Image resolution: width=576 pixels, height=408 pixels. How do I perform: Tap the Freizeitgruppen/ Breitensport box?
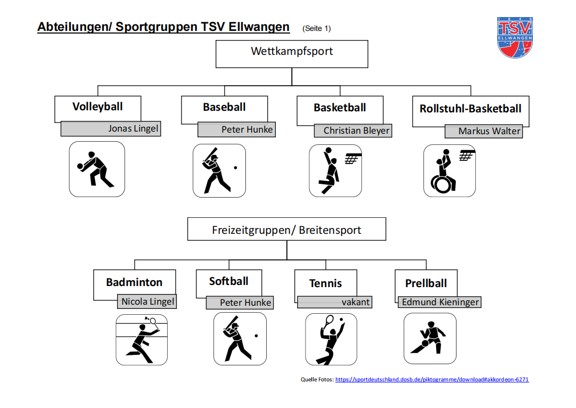pyautogui.click(x=286, y=230)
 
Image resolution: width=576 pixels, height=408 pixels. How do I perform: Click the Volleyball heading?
pyautogui.click(x=97, y=107)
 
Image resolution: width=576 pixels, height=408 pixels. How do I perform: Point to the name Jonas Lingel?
pyautogui.click(x=133, y=128)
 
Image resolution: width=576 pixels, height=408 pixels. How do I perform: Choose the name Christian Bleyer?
pyautogui.click(x=356, y=130)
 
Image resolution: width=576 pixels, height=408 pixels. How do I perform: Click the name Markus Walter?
pyautogui.click(x=489, y=131)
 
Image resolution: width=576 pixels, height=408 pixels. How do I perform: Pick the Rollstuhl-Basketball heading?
pyautogui.click(x=471, y=109)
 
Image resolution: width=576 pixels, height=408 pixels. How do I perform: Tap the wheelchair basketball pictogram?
pyautogui.click(x=449, y=170)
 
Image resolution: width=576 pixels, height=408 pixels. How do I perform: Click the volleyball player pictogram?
pyautogui.click(x=97, y=169)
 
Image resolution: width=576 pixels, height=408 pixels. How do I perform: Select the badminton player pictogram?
pyautogui.click(x=142, y=339)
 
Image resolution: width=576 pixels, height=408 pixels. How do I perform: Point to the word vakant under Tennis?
pyautogui.click(x=355, y=302)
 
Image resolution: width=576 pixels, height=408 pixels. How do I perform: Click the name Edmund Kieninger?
pyautogui.click(x=440, y=302)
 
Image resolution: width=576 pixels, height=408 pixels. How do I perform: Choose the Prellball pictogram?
pyautogui.click(x=430, y=338)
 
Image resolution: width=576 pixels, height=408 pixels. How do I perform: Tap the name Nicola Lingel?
pyautogui.click(x=147, y=301)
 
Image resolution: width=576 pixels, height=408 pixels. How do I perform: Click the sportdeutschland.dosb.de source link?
pyautogui.click(x=432, y=379)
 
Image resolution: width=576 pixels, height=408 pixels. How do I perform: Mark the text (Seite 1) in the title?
pyautogui.click(x=316, y=28)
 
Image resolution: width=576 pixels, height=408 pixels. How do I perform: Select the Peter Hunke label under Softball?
pyautogui.click(x=245, y=303)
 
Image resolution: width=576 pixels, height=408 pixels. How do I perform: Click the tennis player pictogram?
pyautogui.click(x=331, y=339)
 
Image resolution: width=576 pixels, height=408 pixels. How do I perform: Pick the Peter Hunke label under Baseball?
pyautogui.click(x=247, y=129)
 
